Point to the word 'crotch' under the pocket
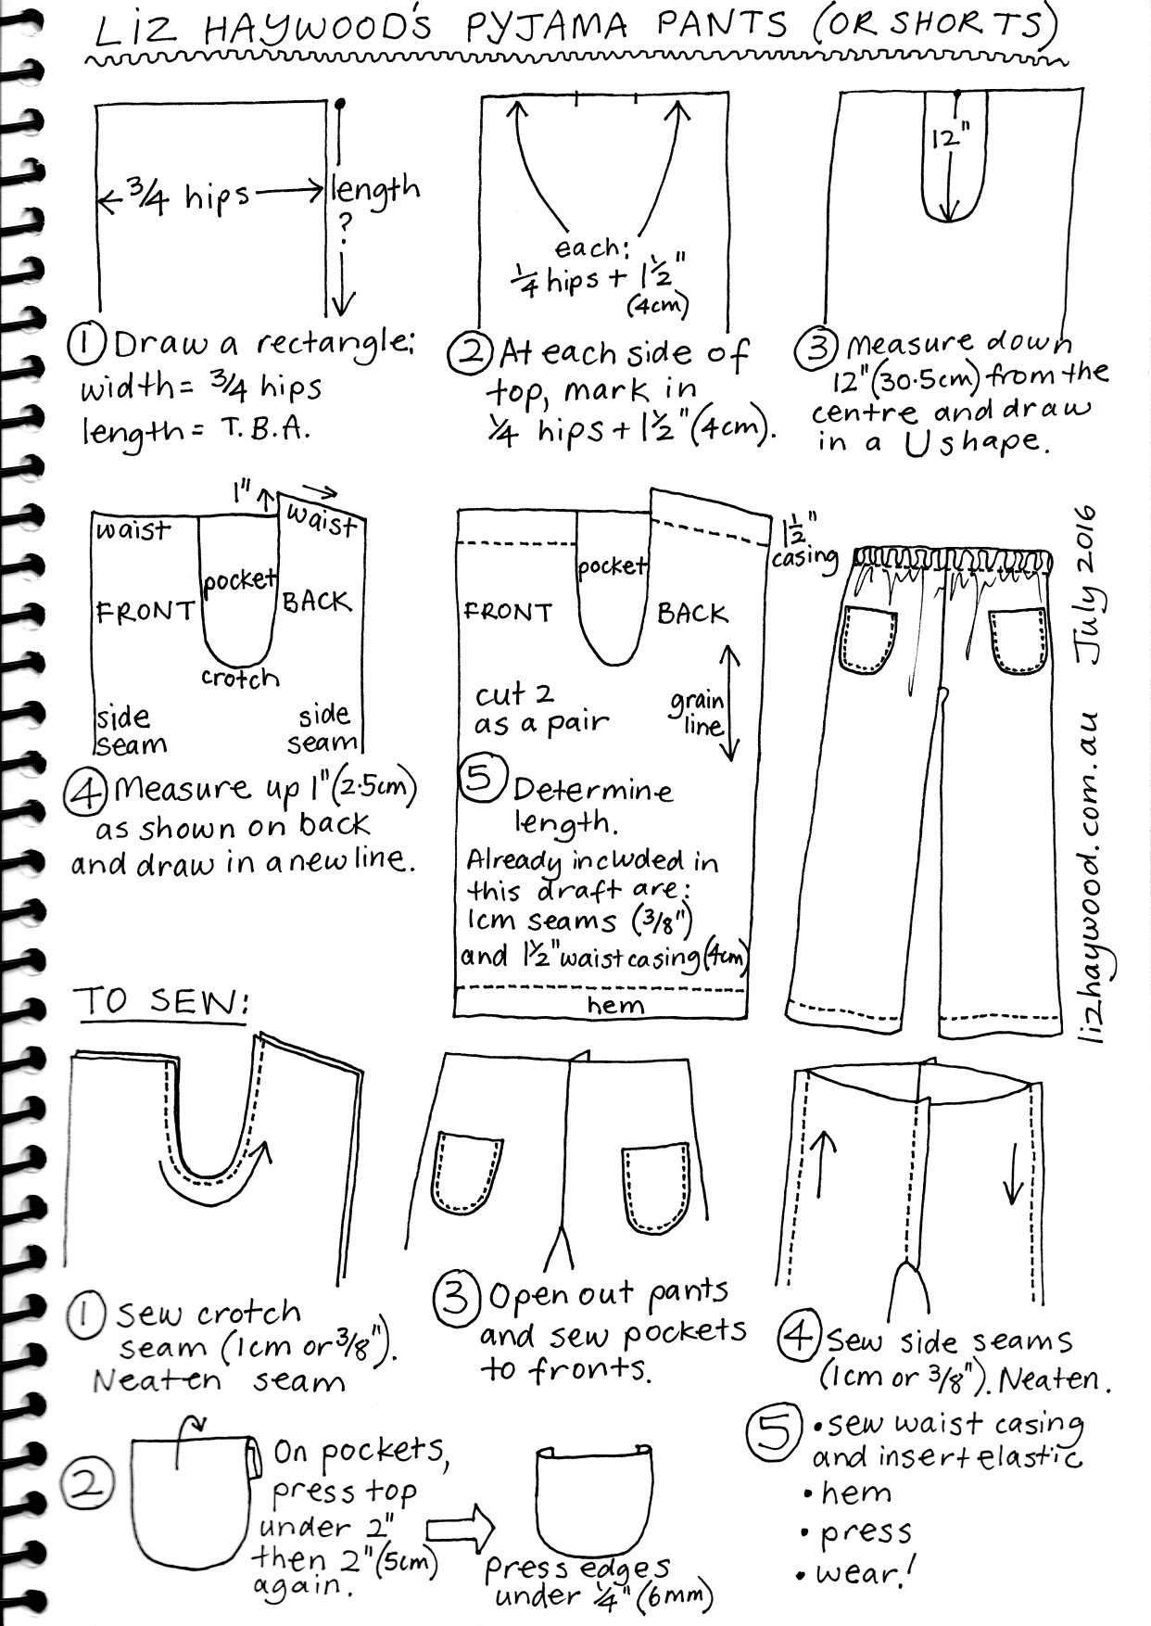(240, 679)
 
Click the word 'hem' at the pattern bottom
(615, 1005)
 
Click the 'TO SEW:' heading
(163, 1003)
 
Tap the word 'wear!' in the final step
(864, 1573)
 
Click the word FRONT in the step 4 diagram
(145, 612)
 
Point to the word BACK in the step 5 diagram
(692, 614)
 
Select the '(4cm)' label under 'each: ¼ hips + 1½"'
(657, 304)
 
